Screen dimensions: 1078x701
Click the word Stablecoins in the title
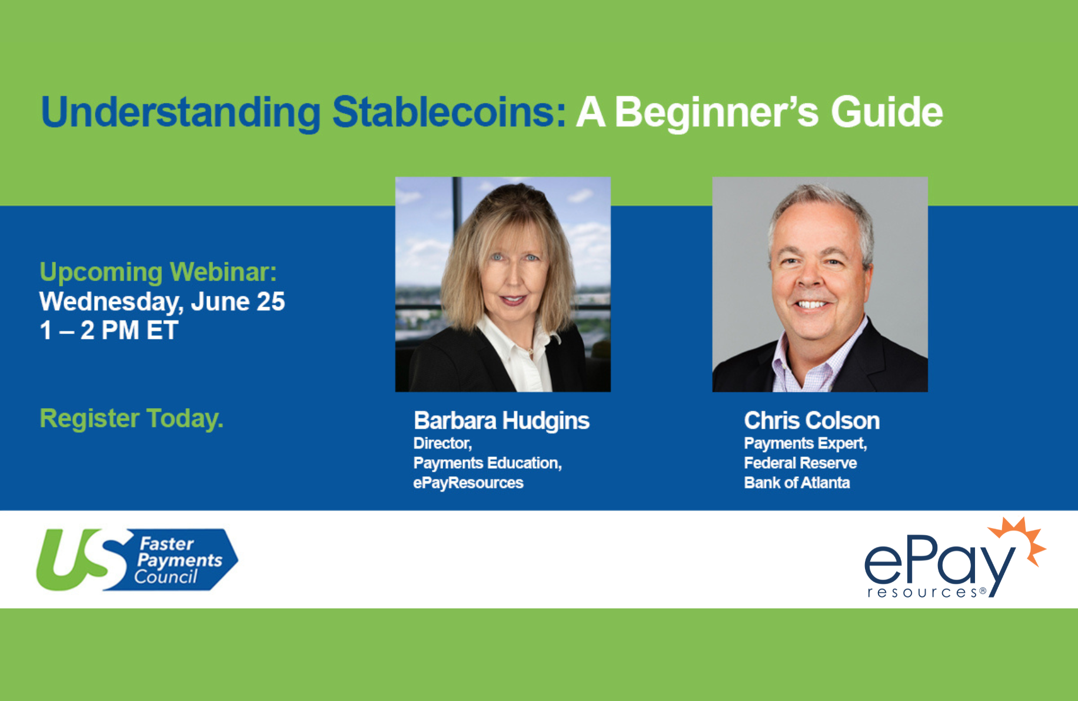pyautogui.click(x=449, y=112)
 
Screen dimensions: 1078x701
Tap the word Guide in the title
pyautogui.click(x=887, y=112)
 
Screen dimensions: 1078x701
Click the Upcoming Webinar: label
pyautogui.click(x=158, y=272)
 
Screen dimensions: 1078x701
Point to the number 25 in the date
pyautogui.click(x=271, y=302)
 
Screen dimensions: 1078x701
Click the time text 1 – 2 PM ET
pyautogui.click(x=109, y=331)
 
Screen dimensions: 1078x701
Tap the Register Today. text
pyautogui.click(x=131, y=419)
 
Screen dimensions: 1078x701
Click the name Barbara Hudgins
pyautogui.click(x=501, y=421)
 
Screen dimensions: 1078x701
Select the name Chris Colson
pyautogui.click(x=812, y=420)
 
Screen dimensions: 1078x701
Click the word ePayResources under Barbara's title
pyautogui.click(x=468, y=483)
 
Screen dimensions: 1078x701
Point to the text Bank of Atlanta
pyautogui.click(x=797, y=483)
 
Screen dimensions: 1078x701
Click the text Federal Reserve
pyautogui.click(x=800, y=463)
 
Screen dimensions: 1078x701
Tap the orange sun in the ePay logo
pyautogui.click(x=1021, y=538)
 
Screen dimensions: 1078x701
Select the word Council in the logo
pyautogui.click(x=166, y=577)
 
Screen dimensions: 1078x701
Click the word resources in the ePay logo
pyautogui.click(x=922, y=593)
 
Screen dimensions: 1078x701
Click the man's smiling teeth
pyautogui.click(x=811, y=305)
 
